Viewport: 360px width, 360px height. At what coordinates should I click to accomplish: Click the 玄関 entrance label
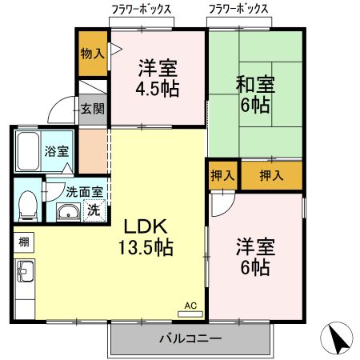(x=92, y=108)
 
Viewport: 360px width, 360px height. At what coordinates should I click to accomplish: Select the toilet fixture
(x=27, y=204)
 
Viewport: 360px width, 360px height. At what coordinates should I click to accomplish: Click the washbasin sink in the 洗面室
(x=68, y=212)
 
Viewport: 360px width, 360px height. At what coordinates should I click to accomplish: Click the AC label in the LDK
(x=190, y=305)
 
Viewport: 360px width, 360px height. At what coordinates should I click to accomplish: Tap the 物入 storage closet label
(x=92, y=54)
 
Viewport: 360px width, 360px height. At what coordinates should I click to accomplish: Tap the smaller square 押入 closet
(x=222, y=175)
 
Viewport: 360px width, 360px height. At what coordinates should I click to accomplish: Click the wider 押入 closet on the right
(x=270, y=175)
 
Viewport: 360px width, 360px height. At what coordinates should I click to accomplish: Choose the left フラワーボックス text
(x=141, y=9)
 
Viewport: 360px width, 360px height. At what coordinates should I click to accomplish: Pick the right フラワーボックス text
(x=238, y=9)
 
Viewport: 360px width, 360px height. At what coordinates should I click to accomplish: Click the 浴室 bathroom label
(x=57, y=150)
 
